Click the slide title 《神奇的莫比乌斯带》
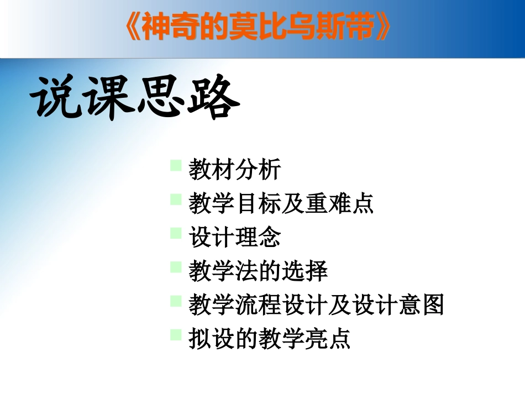[x=259, y=28]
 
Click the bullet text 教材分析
[x=235, y=170]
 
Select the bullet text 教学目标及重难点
[x=281, y=204]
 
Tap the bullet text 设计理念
[x=235, y=238]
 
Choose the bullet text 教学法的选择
[x=258, y=271]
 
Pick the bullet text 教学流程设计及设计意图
[x=316, y=305]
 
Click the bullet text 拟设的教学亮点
[x=270, y=339]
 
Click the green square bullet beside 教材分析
[x=176, y=165]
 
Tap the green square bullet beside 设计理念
[x=176, y=233]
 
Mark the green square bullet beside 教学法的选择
[x=176, y=267]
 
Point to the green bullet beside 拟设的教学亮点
[x=176, y=334]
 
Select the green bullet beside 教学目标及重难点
[x=176, y=199]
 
